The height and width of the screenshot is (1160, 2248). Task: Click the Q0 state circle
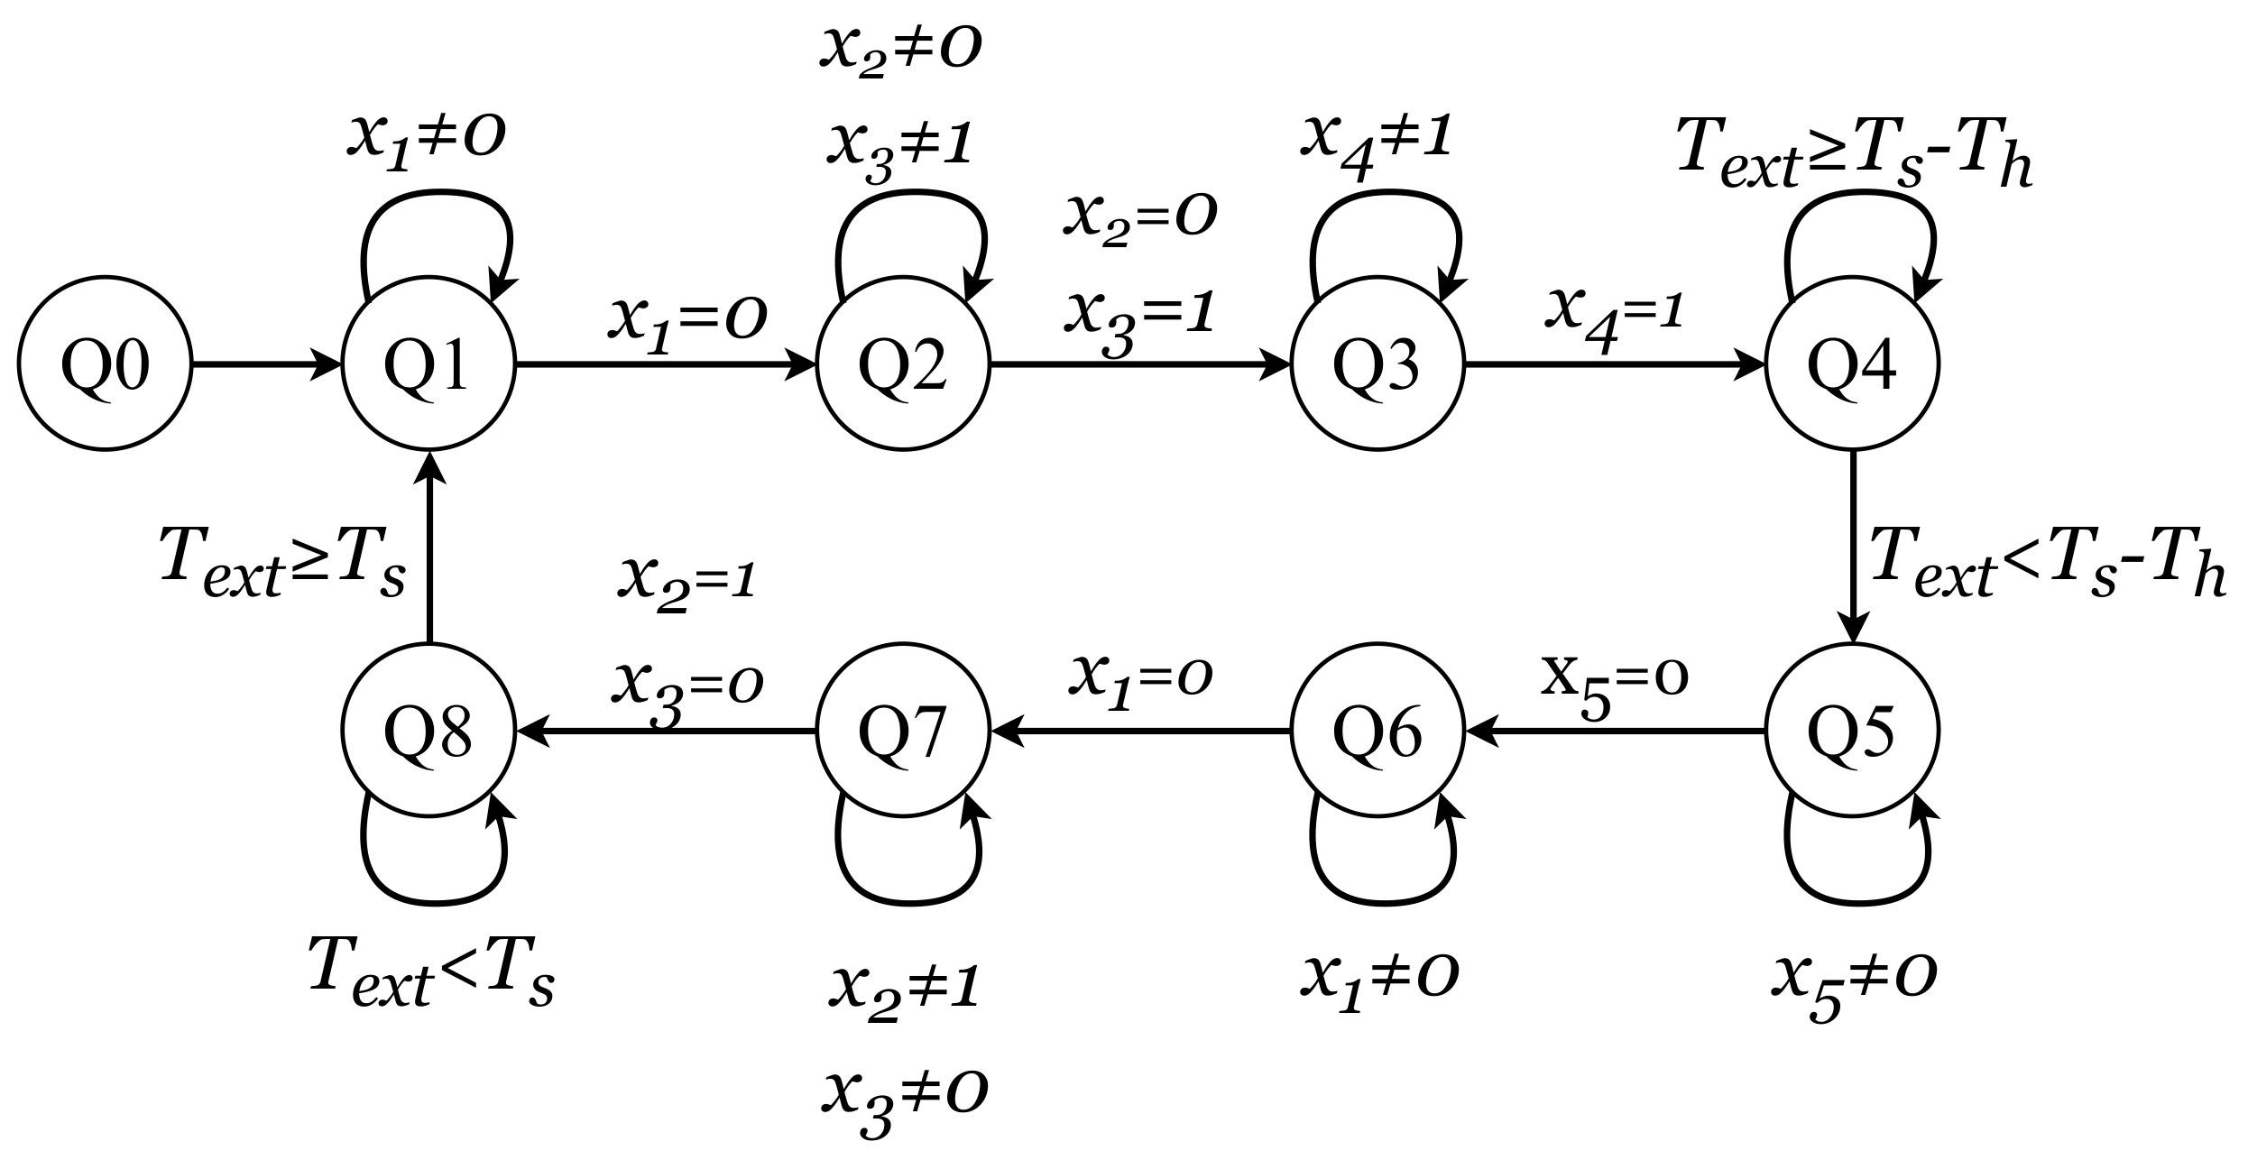point(105,364)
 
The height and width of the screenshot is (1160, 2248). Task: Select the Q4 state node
point(1852,364)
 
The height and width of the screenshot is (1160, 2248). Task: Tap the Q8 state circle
point(428,731)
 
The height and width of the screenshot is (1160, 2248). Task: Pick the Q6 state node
point(1377,731)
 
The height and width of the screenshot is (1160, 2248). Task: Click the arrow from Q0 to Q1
point(266,365)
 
